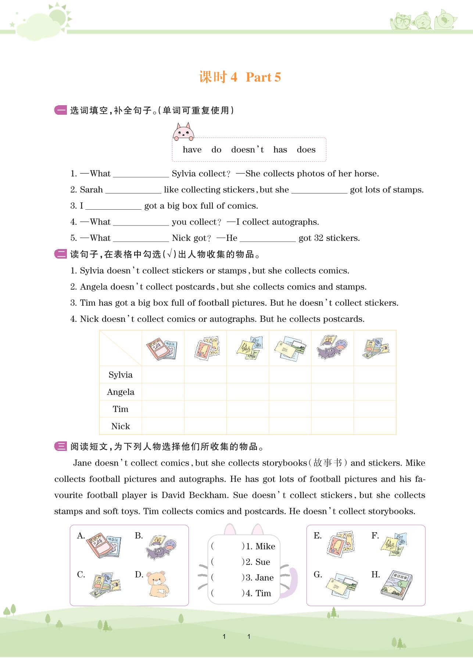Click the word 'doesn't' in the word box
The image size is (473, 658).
coord(247,150)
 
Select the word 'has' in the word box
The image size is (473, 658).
coord(280,150)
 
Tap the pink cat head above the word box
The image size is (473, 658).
coord(183,132)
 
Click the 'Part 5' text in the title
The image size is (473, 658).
coord(263,77)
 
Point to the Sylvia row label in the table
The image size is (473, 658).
coord(121,375)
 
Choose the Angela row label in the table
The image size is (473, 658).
coord(121,392)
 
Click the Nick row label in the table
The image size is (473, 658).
coord(121,426)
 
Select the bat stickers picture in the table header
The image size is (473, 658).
coord(332,347)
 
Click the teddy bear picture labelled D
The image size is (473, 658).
coord(157,584)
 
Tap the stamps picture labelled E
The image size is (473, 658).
coord(340,544)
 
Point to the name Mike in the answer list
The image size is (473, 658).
coord(265,547)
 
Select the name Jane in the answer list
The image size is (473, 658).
coord(264,578)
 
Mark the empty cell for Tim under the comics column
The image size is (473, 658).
coord(163,409)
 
